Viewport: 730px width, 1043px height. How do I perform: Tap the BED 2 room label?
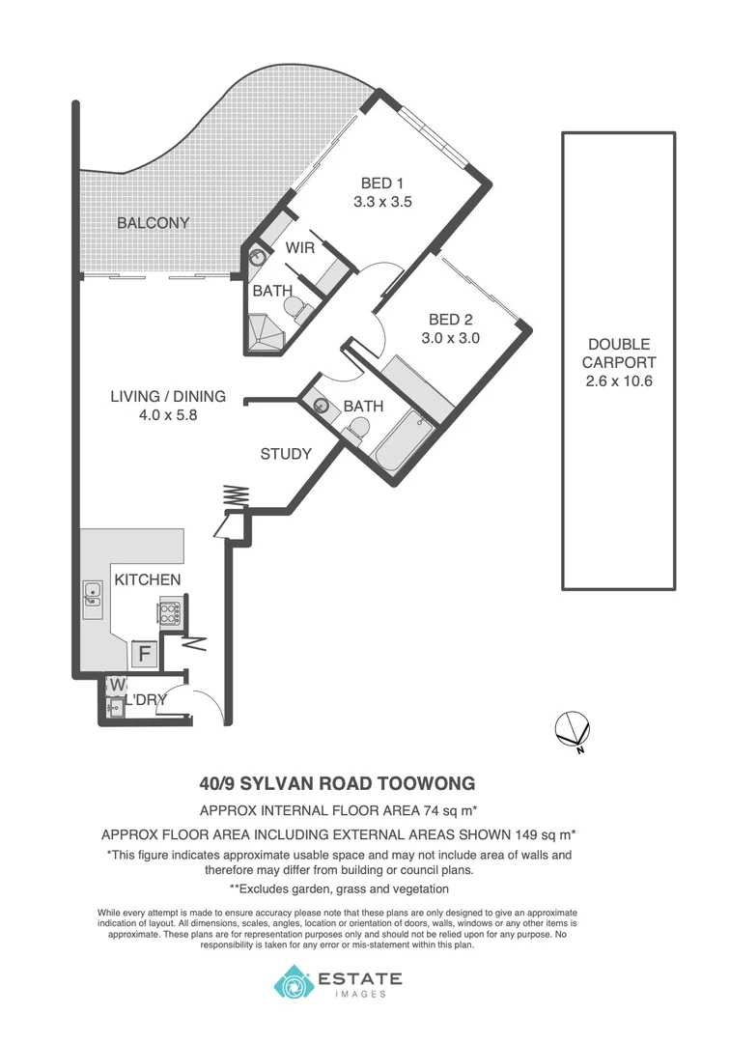[450, 320]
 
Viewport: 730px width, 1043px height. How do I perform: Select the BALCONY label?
[153, 223]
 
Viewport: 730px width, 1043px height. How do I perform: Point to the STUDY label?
[286, 454]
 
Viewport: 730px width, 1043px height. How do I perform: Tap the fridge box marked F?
[145, 654]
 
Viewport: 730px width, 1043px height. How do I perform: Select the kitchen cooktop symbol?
[170, 612]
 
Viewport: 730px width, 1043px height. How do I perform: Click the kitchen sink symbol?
[93, 595]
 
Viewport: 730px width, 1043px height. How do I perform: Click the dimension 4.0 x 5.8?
[167, 415]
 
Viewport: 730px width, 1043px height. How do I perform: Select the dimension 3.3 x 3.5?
[382, 203]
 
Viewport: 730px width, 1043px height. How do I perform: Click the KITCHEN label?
[148, 579]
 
